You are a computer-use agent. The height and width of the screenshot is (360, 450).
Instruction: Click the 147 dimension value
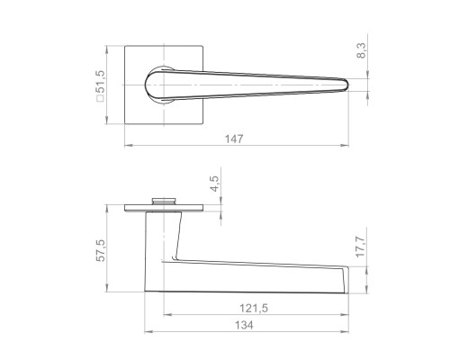point(234,139)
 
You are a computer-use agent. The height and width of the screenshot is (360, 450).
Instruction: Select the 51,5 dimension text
point(100,82)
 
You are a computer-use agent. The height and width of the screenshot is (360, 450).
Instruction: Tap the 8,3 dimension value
point(362,50)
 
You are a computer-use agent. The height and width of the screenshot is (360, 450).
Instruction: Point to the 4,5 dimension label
point(215,184)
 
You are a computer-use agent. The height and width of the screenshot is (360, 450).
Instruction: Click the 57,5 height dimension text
point(101,250)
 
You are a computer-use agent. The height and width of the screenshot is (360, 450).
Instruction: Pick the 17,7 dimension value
point(361,247)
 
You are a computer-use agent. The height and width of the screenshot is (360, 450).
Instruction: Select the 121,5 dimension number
point(254,308)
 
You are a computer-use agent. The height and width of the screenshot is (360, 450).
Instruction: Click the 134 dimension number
point(244,325)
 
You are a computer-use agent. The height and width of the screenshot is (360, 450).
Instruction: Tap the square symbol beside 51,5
point(100,98)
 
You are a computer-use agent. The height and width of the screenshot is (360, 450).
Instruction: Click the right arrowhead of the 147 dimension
point(345,146)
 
